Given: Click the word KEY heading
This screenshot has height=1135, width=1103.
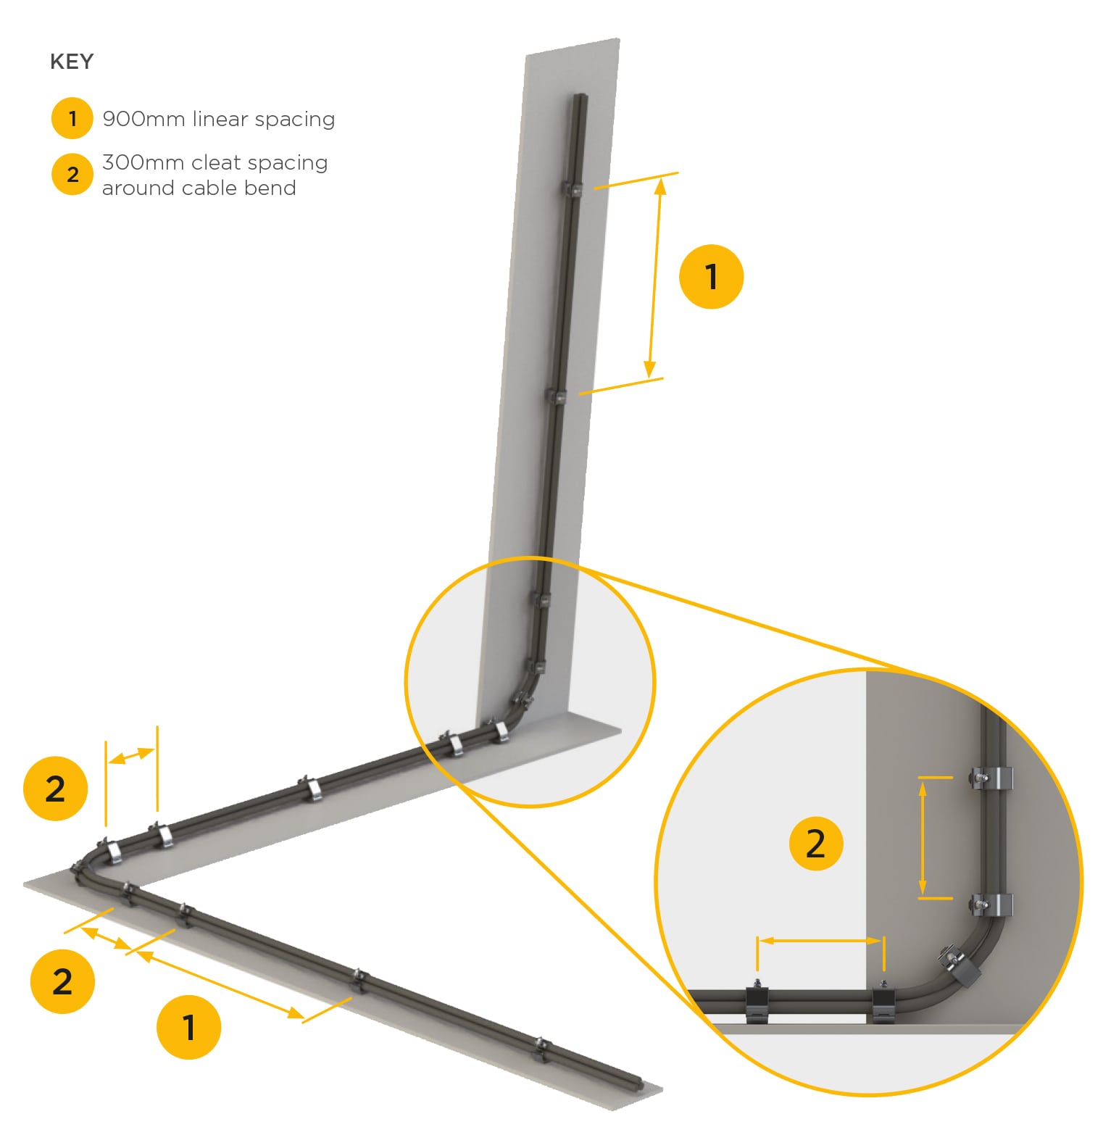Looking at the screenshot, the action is point(72,62).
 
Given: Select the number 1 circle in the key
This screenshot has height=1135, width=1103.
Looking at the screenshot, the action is point(72,118).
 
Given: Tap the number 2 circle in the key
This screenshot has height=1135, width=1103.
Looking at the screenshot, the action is point(72,174).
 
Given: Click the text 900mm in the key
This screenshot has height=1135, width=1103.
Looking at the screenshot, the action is point(143,119).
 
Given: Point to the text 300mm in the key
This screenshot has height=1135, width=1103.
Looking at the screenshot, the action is point(143,162).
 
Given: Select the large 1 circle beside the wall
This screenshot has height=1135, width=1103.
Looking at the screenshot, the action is point(711,276).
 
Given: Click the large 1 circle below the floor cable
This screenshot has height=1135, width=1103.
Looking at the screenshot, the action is point(188,1027).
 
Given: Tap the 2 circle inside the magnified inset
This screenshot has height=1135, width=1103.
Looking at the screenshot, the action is point(815,843).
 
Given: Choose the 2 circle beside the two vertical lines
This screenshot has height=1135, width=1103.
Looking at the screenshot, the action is point(55,789).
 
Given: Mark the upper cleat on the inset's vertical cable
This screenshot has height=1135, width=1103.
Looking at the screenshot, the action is point(991,778).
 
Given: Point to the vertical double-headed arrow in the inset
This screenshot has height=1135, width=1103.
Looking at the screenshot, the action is point(923,838).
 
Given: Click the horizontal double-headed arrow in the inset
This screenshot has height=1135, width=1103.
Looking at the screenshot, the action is point(820,941).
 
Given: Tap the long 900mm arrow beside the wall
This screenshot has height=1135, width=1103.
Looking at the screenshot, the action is point(655,278).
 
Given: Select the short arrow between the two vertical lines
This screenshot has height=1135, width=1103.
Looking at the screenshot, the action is point(131,755).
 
